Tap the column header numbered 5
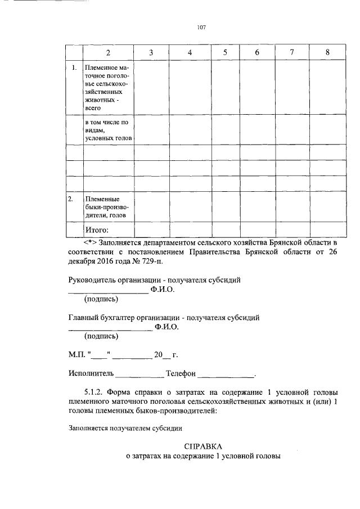(x=224, y=52)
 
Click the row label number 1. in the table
(x=74, y=68)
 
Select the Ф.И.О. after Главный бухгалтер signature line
(x=167, y=327)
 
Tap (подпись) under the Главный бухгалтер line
(x=101, y=336)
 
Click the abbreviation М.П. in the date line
(x=76, y=355)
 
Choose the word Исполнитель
(x=91, y=373)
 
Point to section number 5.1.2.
(x=93, y=391)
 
